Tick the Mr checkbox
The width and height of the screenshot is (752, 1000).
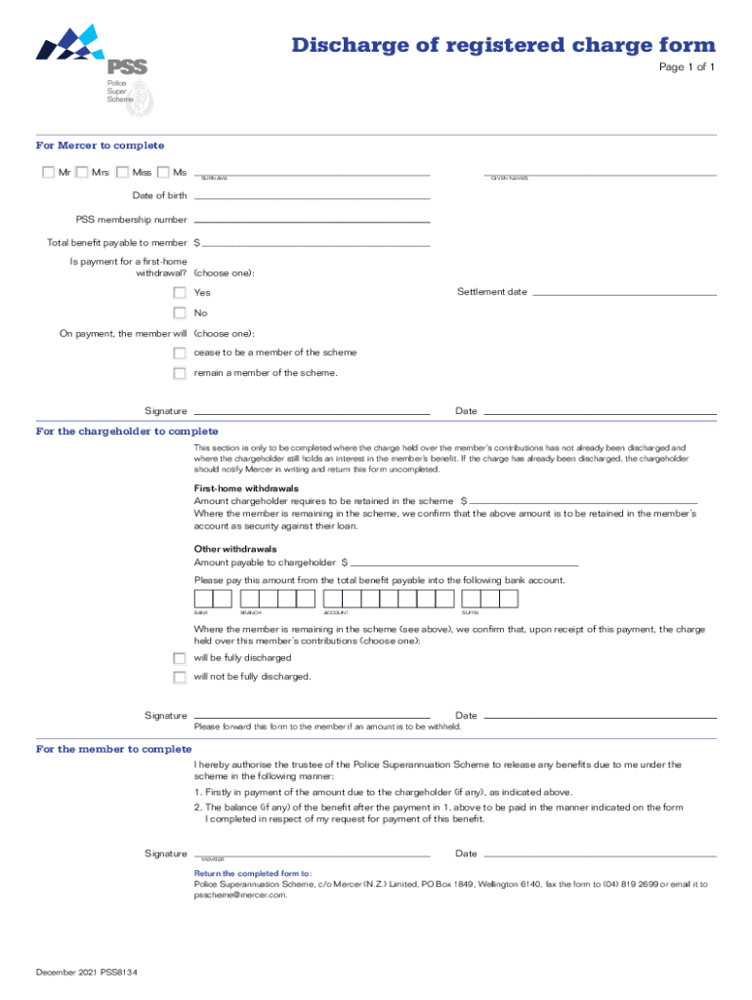48,173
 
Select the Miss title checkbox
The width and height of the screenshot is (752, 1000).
122,173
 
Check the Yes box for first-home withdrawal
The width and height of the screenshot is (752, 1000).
180,293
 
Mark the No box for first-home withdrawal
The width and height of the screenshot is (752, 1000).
180,313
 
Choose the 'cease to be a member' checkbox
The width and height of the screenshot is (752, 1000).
180,353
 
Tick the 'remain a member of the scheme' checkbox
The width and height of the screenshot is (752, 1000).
180,373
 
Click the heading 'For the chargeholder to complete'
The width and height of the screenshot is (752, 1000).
127,431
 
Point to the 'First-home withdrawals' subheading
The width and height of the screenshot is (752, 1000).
246,487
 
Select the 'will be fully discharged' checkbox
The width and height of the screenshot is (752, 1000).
180,658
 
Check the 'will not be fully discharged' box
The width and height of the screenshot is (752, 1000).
180,677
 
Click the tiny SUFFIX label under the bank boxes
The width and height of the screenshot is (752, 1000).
470,612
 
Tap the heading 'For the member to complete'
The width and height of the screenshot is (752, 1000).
113,749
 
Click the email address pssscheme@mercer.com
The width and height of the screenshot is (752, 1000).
240,894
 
